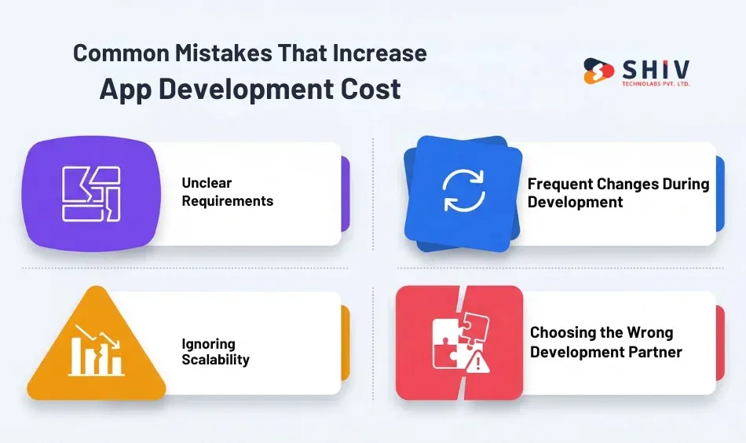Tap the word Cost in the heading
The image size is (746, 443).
[x=369, y=89]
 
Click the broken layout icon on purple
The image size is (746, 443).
[x=90, y=193]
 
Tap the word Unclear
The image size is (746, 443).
[x=207, y=183]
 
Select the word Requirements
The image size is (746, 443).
[x=228, y=201]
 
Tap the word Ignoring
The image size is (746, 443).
[x=208, y=343]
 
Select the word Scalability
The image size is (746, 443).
[x=216, y=360]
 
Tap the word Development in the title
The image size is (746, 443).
[x=235, y=89]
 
